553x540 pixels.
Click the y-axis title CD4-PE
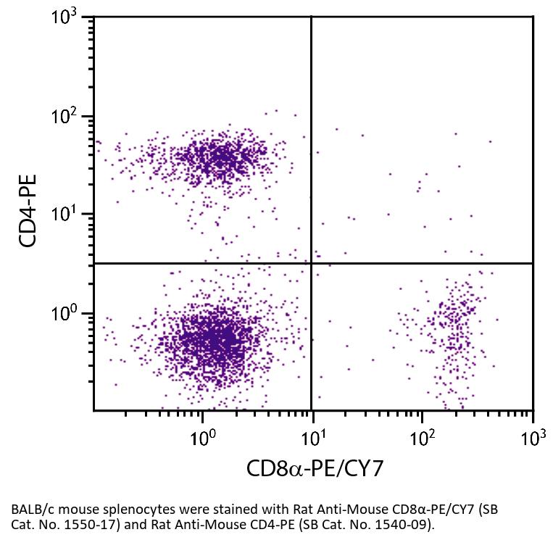tap(29, 210)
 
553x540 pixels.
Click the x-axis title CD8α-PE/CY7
tap(314, 468)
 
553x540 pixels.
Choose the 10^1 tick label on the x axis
tap(312, 438)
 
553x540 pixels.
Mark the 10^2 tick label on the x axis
tap(423, 438)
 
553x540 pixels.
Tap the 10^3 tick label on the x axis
tap(533, 438)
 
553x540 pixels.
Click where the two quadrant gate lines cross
tap(312, 263)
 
